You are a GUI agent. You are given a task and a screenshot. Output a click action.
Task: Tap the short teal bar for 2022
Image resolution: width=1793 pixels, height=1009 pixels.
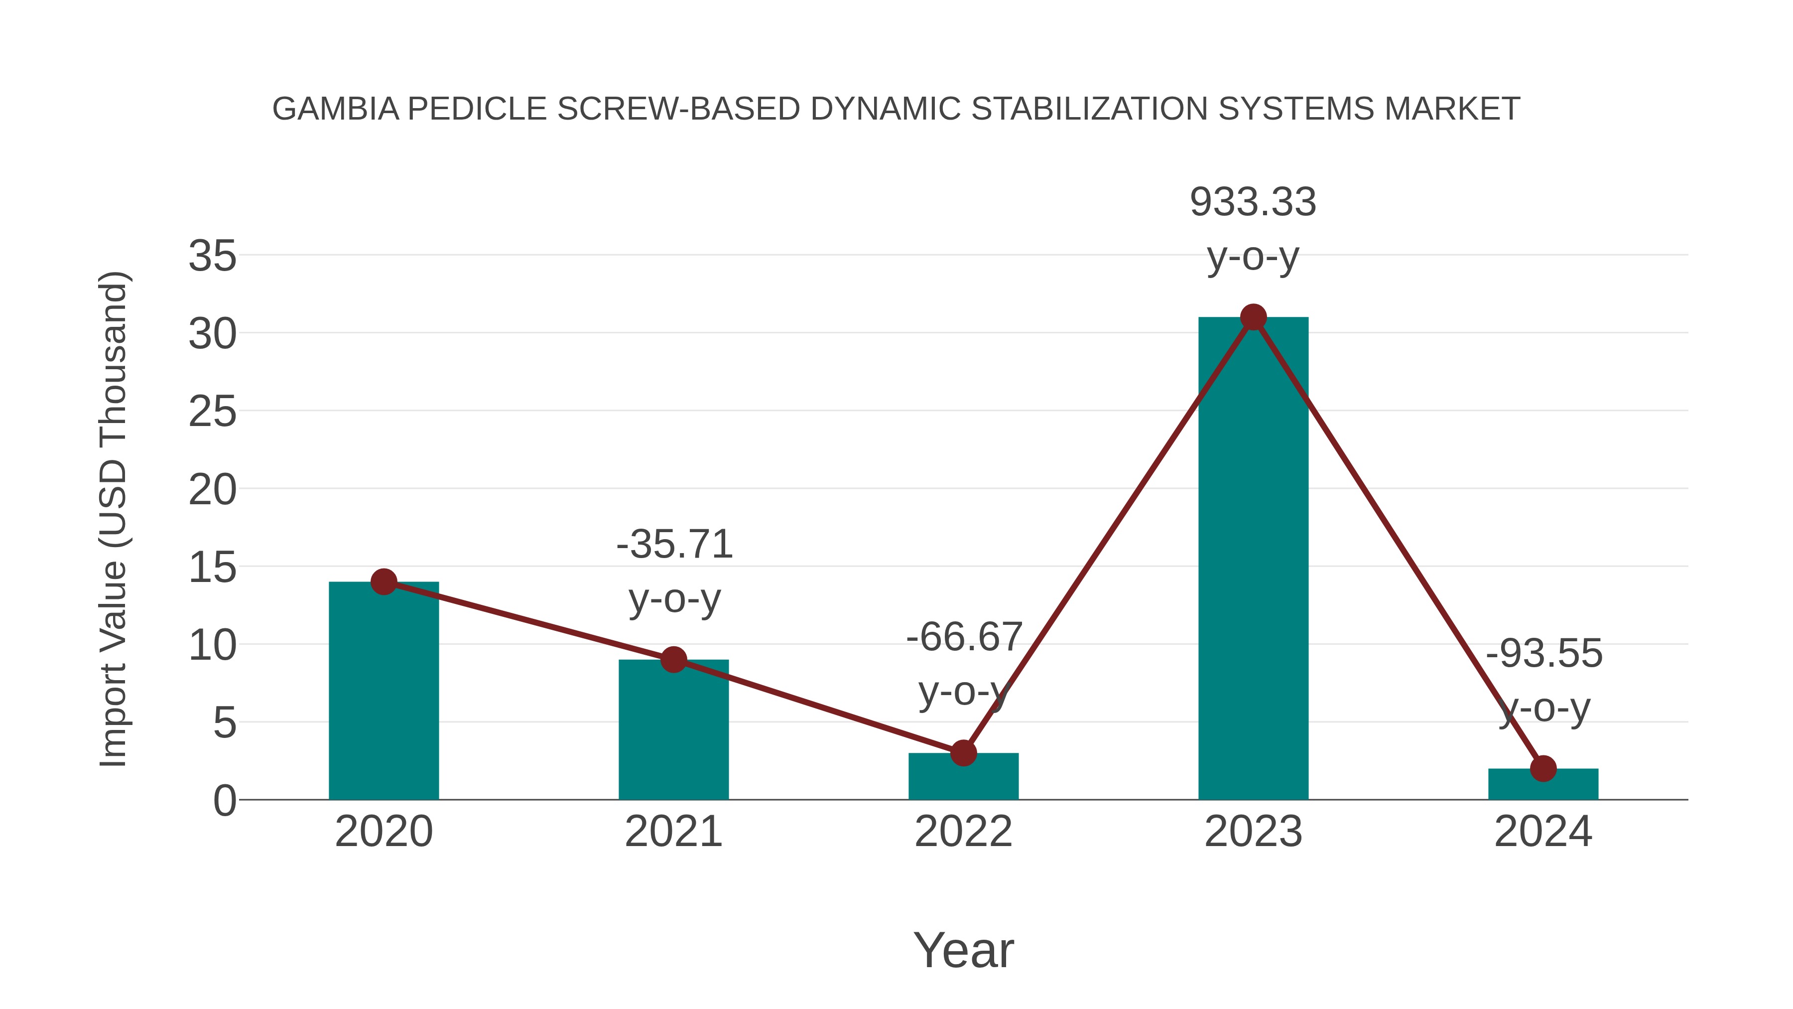[x=963, y=778]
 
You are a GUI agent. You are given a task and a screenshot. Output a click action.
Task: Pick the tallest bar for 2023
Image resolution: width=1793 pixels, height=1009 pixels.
[x=1253, y=557]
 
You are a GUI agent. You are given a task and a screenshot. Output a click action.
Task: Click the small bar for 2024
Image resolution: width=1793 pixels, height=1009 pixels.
[x=1543, y=785]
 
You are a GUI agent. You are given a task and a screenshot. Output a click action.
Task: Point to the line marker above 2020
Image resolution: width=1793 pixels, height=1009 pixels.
[x=384, y=581]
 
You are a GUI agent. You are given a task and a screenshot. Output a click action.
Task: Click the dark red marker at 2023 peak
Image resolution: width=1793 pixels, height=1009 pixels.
[x=1253, y=317]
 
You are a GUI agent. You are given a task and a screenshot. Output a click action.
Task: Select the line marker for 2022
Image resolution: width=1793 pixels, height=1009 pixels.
[x=963, y=753]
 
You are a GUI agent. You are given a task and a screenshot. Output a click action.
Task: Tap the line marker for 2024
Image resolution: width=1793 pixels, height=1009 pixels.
[x=1543, y=769]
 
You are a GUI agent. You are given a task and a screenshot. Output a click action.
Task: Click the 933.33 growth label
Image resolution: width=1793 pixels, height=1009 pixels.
[x=1253, y=203]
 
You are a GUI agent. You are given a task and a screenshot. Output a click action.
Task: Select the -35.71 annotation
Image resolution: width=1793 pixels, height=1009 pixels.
[x=674, y=545]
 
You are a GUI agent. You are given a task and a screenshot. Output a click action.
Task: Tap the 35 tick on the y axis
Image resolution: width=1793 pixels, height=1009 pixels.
[x=212, y=256]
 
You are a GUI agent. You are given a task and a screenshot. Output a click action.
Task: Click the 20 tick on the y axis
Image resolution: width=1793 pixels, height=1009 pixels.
[x=212, y=490]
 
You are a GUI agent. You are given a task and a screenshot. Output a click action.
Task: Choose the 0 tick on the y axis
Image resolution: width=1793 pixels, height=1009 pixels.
[x=224, y=801]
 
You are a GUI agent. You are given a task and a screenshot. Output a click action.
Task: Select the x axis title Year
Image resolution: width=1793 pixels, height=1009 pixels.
[x=963, y=951]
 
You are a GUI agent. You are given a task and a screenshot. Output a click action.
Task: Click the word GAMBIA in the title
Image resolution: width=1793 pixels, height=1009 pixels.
[x=336, y=109]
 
